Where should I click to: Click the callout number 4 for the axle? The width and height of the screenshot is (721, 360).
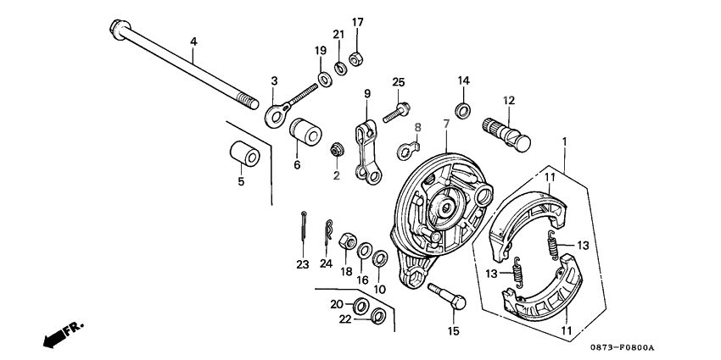[x=193, y=42]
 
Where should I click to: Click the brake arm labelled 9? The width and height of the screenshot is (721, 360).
[x=366, y=147]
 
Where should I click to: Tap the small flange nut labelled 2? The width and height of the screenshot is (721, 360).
[x=336, y=150]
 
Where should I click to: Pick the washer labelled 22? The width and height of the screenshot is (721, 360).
[x=378, y=318]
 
